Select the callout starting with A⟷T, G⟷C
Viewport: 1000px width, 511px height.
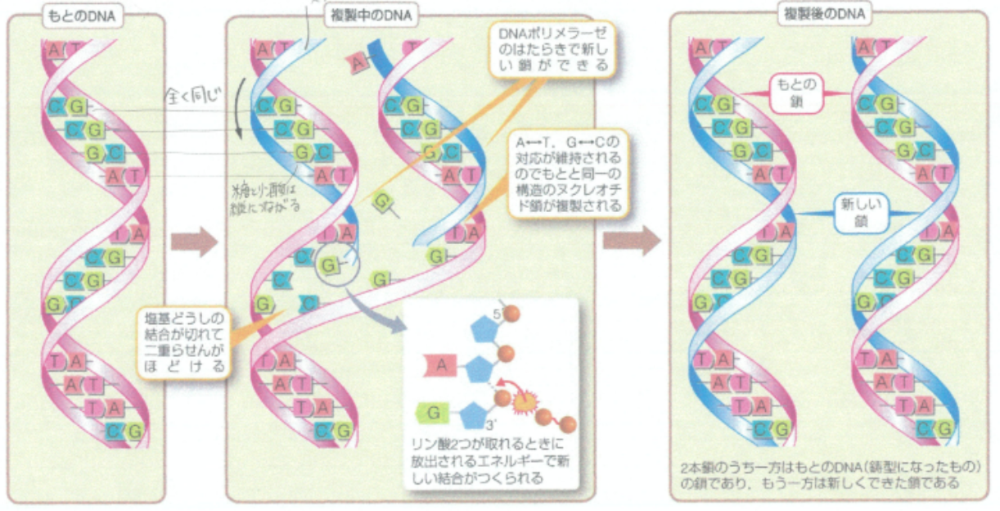click(x=567, y=173)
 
